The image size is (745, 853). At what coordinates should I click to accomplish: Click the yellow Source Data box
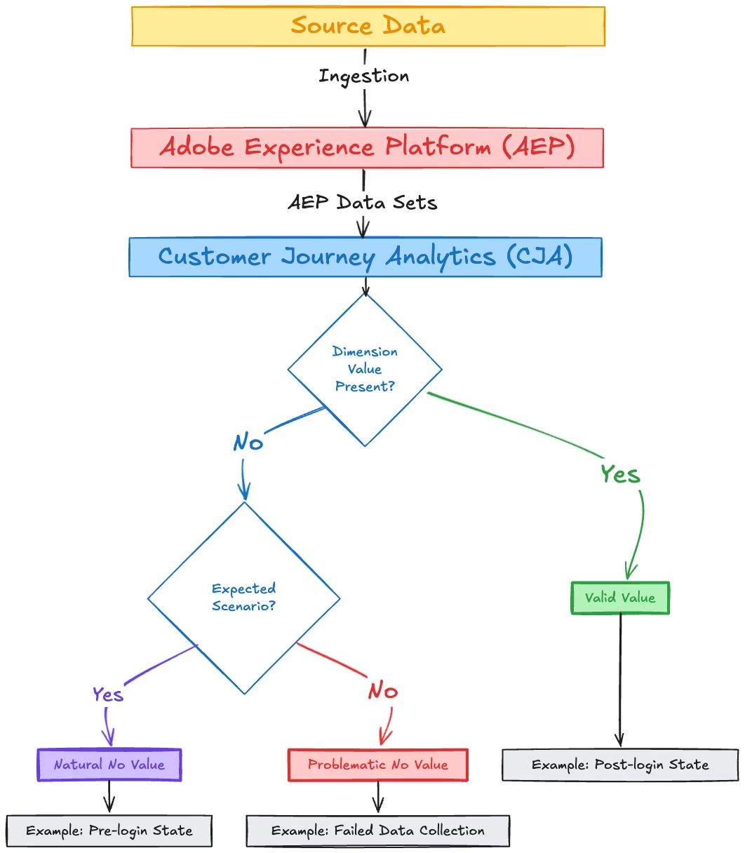coord(368,27)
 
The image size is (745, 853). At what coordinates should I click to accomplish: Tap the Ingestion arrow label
coord(363,76)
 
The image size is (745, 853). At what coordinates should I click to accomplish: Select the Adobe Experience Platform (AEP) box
coord(367,148)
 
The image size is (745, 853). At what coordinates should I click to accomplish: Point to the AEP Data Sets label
coord(363,203)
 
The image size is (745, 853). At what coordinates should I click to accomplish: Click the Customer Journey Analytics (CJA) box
coord(365,257)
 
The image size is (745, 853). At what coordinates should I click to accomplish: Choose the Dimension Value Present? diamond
coord(365,369)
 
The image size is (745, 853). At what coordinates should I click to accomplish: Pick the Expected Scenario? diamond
coord(243,598)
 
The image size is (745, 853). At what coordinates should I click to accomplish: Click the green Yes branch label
coord(620,475)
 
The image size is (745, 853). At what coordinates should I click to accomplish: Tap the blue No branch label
coord(248,443)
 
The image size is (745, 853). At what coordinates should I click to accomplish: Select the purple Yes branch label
coord(108,694)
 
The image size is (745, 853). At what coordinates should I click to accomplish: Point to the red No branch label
coord(383,692)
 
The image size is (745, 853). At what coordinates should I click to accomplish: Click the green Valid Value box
coord(620,598)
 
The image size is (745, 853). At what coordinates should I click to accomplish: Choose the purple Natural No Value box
coord(109,765)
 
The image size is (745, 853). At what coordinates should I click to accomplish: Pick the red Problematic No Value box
coord(377,765)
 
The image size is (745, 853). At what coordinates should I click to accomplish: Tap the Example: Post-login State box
coord(620,765)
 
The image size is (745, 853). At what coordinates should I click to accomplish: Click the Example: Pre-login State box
coord(109,831)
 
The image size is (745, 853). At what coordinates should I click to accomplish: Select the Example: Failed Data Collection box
coord(377,831)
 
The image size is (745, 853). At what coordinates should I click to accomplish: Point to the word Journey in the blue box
coord(328,257)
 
